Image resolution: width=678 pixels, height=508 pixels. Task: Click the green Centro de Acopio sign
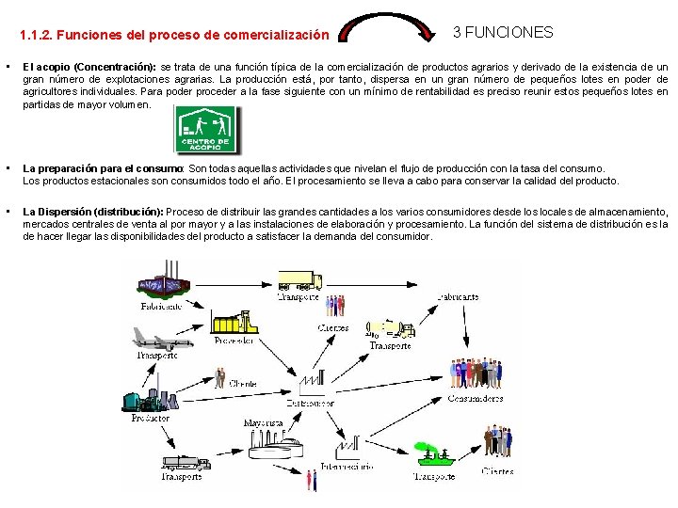pos(206,130)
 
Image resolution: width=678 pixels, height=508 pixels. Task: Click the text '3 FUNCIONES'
pos(503,32)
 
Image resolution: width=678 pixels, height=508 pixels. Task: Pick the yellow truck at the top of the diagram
pos(300,279)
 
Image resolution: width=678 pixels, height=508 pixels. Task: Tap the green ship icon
pos(435,457)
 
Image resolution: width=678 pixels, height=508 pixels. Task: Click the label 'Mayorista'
pos(263,423)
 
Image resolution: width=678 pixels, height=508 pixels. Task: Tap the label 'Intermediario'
pos(347,466)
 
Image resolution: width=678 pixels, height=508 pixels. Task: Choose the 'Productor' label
pos(151,418)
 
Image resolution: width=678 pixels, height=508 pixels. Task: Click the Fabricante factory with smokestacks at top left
pos(162,282)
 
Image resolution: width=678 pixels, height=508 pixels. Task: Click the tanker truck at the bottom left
pos(186,462)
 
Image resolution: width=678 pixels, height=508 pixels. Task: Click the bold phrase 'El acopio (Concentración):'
pos(89,68)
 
